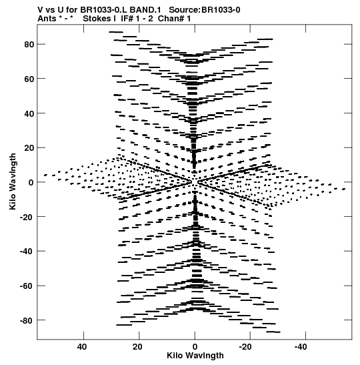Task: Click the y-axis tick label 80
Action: pos(29,44)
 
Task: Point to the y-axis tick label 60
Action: pos(29,79)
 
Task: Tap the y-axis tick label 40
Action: pos(29,113)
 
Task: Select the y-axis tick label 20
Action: pos(29,148)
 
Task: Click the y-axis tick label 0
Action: pos(31,182)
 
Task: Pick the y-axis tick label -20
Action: pos(27,217)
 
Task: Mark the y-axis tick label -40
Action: pos(27,251)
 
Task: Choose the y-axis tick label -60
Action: pos(27,286)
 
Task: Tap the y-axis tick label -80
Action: pos(27,320)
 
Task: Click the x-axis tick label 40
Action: pos(82,347)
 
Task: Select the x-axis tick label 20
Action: pos(138,347)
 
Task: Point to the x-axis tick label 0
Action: pos(195,347)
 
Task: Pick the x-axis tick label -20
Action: pos(246,347)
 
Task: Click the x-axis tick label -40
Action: pos(301,347)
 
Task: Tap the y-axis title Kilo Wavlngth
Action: pos(13,181)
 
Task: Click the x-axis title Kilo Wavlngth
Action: pos(195,356)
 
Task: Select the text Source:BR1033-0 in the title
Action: pos(205,10)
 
